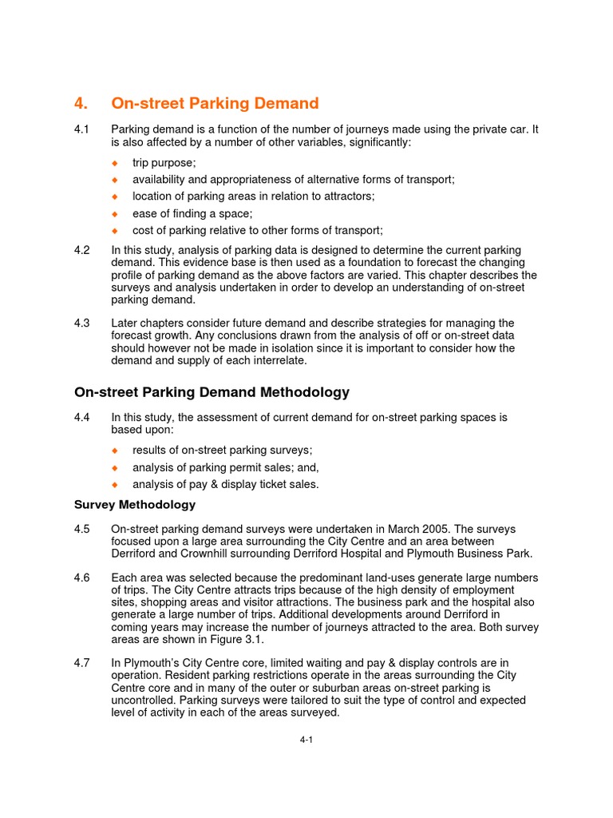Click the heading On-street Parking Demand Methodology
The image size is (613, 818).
pos(212,392)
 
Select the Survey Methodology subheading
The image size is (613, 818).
pos(135,505)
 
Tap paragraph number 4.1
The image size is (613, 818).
pos(82,129)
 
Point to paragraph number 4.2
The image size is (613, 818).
pos(82,250)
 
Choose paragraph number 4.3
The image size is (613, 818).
pos(82,323)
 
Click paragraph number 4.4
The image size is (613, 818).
pos(82,417)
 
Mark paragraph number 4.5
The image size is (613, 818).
pos(82,529)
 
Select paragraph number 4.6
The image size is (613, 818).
pos(82,578)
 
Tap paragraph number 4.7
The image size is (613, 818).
pos(82,662)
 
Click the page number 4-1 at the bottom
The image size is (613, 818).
pos(306,741)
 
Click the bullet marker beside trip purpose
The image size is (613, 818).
pos(114,163)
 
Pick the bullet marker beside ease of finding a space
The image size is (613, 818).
pos(114,213)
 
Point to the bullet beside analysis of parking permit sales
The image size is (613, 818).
pos(114,467)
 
